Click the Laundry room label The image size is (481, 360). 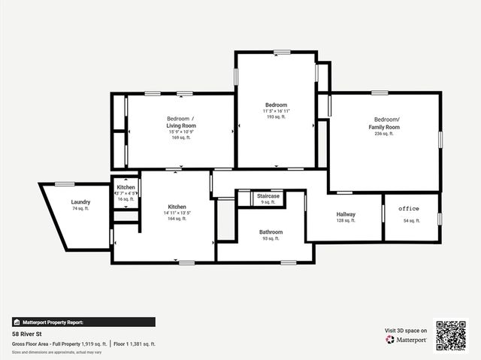point(81,202)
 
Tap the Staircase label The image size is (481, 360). point(268,196)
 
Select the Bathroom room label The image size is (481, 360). point(271,232)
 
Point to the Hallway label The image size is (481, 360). point(346,215)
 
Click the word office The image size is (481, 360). point(409,208)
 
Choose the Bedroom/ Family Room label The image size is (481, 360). point(387,123)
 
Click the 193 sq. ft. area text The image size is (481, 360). point(276,117)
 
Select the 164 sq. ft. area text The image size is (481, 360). point(177,219)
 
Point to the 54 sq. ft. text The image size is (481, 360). point(412,221)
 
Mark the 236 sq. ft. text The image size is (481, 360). point(387,134)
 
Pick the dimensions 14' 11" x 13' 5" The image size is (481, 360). point(177,213)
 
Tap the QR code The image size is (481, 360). point(452,334)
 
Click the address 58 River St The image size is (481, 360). point(26,332)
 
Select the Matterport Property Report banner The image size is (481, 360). point(83,322)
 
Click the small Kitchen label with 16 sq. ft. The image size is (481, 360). point(126,187)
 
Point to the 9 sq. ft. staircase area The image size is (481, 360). point(268,202)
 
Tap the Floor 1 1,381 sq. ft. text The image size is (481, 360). point(135,343)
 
